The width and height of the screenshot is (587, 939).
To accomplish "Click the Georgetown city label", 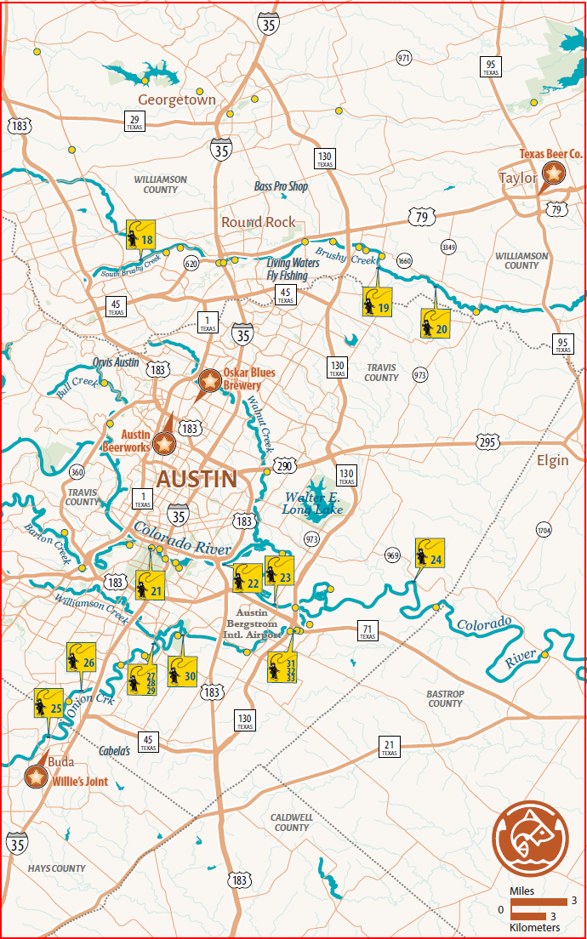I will click(x=177, y=100).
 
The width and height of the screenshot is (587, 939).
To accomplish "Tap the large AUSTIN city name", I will click(x=197, y=479).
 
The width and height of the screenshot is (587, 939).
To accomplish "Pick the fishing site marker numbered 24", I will click(x=430, y=553).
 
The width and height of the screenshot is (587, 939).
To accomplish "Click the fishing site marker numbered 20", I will click(x=435, y=323).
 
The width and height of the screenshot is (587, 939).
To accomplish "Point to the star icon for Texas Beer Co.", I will click(x=554, y=174).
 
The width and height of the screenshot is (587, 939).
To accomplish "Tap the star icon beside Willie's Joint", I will click(x=36, y=777).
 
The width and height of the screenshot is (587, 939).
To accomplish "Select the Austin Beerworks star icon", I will click(x=163, y=443).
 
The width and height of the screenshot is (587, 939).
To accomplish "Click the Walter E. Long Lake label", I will click(x=314, y=503).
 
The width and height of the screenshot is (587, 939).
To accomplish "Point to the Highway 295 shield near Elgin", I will click(x=487, y=442).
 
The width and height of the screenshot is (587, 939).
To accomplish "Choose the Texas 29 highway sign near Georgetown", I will click(x=134, y=122).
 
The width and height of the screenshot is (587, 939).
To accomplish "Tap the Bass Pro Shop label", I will click(x=281, y=186).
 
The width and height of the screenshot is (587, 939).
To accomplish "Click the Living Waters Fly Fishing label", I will click(x=293, y=269).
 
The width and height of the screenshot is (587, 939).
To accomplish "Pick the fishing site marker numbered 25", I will click(x=48, y=703).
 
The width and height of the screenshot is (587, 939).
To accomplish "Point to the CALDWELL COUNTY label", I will click(x=291, y=822).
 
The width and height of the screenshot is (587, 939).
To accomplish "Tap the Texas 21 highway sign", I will click(x=389, y=748).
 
